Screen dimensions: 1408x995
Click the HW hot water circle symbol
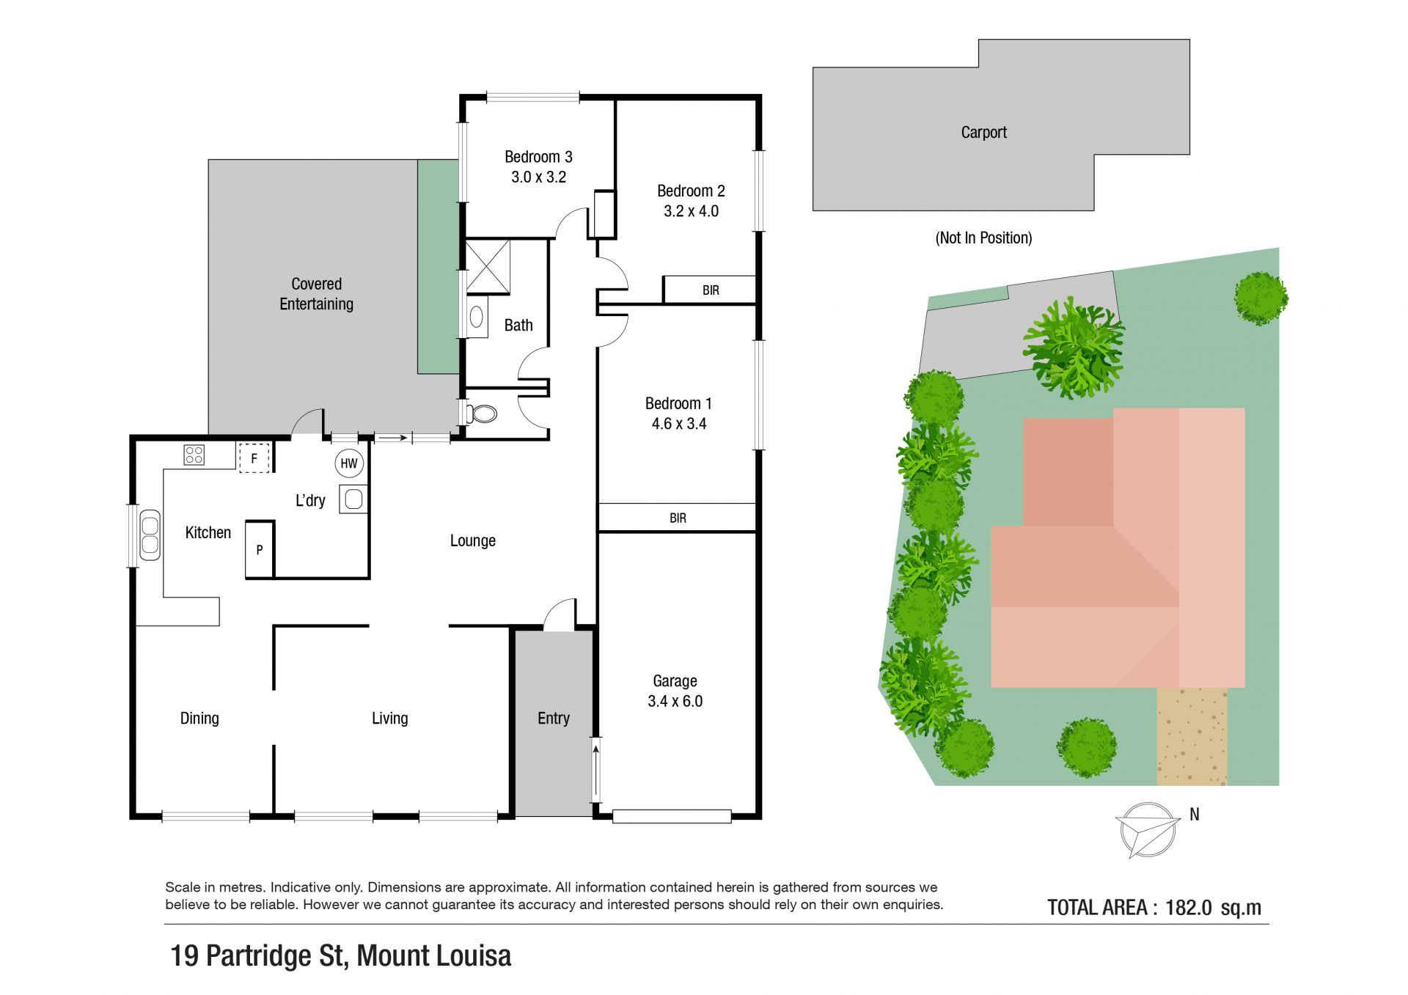pos(349,463)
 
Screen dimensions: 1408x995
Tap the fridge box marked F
pos(254,458)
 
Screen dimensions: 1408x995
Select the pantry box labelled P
pos(260,549)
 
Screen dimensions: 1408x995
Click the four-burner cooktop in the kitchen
pos(194,455)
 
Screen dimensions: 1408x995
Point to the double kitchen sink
pos(150,535)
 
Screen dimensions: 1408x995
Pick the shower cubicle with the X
pos(488,267)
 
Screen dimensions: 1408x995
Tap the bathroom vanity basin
pos(477,317)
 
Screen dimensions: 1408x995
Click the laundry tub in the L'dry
pos(353,499)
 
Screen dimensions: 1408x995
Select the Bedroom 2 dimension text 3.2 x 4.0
pos(691,211)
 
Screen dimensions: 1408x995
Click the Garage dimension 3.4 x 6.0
pos(675,702)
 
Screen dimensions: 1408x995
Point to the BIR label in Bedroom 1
pos(678,518)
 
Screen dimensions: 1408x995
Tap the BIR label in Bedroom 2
pos(711,290)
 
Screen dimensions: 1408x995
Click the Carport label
pos(983,133)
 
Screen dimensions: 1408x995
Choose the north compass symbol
pos(1148,830)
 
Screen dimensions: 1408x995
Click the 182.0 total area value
pos(1188,908)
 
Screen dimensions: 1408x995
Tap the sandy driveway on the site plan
pos(1192,736)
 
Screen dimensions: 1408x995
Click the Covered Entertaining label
pos(316,294)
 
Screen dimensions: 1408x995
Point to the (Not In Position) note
pos(983,238)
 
